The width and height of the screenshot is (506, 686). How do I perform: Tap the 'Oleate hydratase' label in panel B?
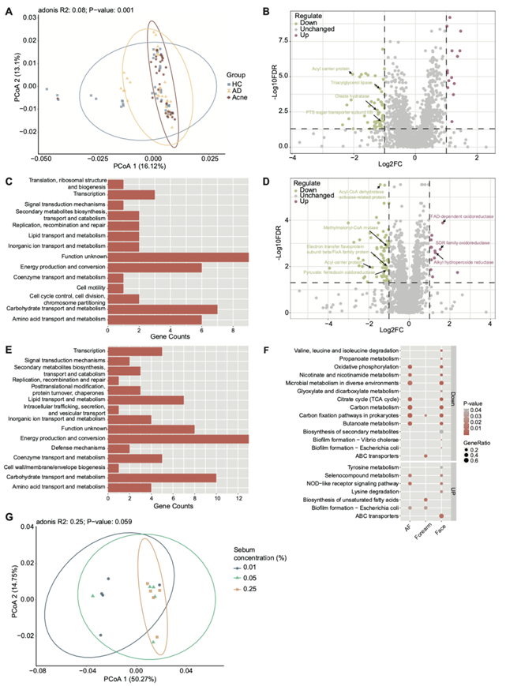coord(332,96)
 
